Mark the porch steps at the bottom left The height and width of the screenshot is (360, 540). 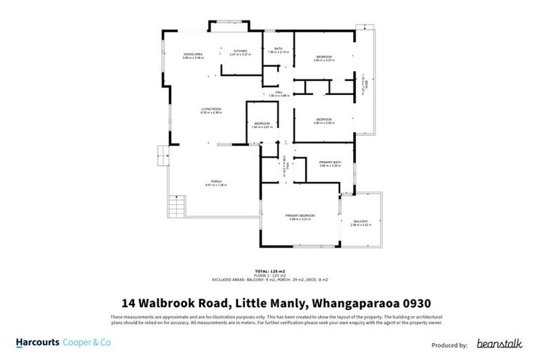(176, 207)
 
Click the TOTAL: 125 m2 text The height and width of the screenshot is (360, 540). (270, 271)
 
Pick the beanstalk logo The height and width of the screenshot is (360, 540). (499, 344)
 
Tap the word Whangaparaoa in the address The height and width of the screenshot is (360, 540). (339, 303)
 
